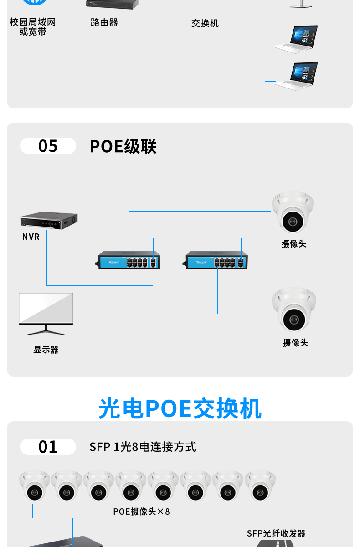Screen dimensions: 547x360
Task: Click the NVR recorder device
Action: [x=49, y=220]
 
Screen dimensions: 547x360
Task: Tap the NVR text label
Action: [x=31, y=237]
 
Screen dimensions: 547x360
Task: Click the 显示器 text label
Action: [x=46, y=350]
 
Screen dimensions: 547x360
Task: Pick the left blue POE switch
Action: [x=129, y=261]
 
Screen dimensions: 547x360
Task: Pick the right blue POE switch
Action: [x=216, y=261]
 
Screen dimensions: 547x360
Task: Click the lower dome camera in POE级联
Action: [x=294, y=310]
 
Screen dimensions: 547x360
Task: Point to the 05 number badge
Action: [x=48, y=146]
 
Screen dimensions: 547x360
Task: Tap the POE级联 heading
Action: [x=123, y=147]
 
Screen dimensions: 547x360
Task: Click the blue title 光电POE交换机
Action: [x=180, y=408]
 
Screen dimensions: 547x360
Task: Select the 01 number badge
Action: [x=48, y=447]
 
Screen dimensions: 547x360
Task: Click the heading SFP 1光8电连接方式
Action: [x=143, y=447]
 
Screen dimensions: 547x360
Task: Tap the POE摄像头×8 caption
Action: [x=141, y=511]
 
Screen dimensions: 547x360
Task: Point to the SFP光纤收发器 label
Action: [x=276, y=533]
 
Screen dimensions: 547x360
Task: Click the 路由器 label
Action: [x=104, y=22]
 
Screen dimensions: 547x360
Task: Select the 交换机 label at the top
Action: [x=205, y=23]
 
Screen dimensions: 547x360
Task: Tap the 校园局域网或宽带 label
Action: [x=33, y=27]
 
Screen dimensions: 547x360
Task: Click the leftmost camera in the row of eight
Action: [x=35, y=485]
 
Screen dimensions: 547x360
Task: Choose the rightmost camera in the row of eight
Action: [x=260, y=485]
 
